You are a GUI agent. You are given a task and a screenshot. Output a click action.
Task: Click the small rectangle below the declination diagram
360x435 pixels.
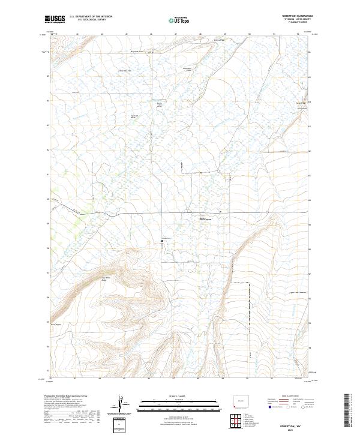coord(122,425)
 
